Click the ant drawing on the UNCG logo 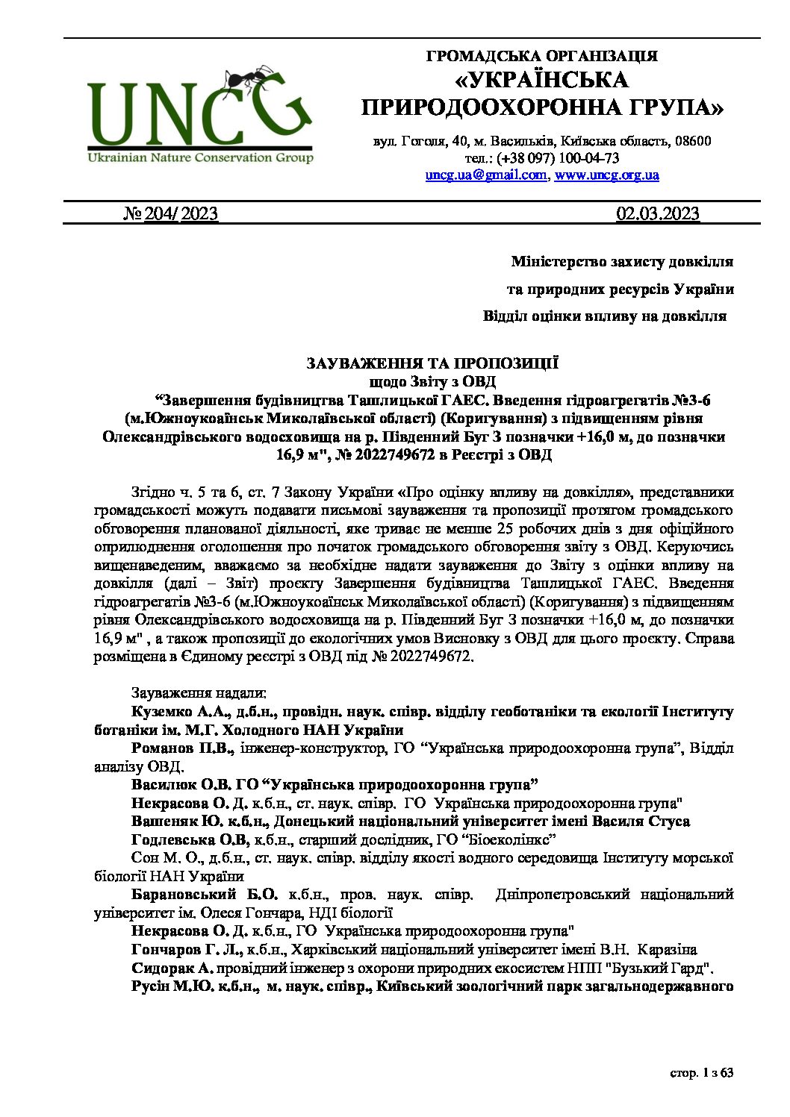click(x=249, y=79)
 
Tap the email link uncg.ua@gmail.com click(x=486, y=175)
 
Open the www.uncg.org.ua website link click(x=606, y=175)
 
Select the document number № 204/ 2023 click(x=170, y=214)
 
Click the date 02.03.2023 click(x=657, y=214)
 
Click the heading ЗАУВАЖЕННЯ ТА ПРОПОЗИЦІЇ click(x=432, y=363)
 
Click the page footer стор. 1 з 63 click(x=701, y=1073)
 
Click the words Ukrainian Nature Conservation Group click(x=200, y=157)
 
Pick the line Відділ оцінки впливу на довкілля click(x=604, y=316)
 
